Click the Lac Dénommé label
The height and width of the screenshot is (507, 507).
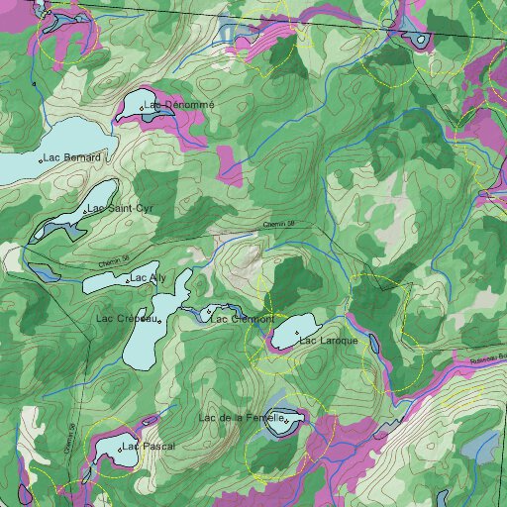click(179, 104)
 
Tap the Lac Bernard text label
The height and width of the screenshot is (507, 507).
click(72, 158)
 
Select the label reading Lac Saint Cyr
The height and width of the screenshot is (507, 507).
click(121, 209)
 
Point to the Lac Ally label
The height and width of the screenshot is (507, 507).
click(149, 278)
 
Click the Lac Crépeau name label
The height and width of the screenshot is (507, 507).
click(128, 319)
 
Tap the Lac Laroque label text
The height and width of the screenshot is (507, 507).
click(328, 342)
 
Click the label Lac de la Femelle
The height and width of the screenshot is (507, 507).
click(242, 419)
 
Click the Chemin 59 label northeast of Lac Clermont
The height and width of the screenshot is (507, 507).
click(279, 225)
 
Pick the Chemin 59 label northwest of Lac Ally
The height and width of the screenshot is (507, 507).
click(115, 260)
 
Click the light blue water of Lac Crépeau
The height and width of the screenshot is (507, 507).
click(149, 342)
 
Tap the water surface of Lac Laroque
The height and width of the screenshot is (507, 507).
click(287, 338)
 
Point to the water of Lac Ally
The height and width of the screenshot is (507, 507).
click(104, 283)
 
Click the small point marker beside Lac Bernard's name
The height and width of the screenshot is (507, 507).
click(40, 159)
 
